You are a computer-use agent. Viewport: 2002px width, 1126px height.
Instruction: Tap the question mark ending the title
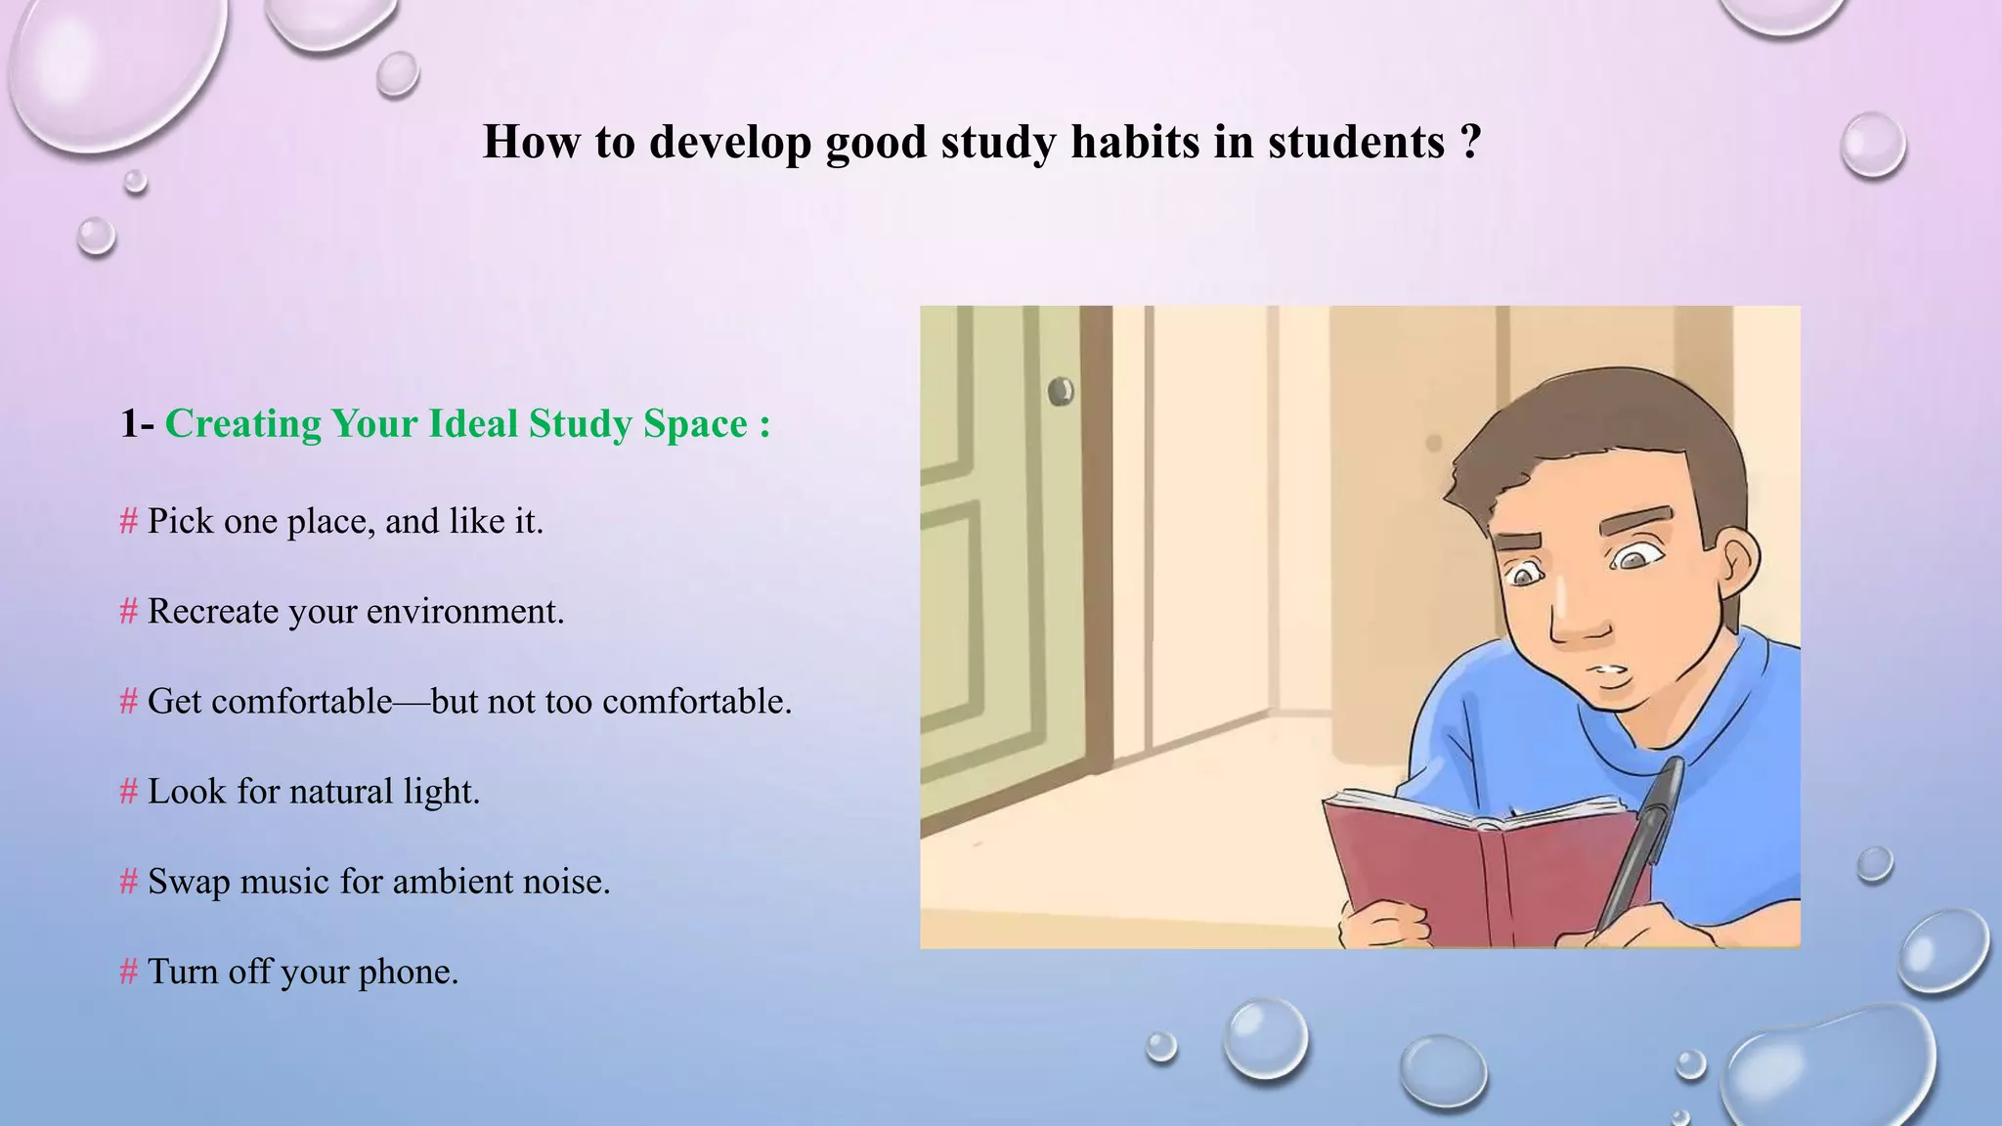pyautogui.click(x=1471, y=142)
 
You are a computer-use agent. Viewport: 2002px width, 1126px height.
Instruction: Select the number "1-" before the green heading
pyautogui.click(x=137, y=424)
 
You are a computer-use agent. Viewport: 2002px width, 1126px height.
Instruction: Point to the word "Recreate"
pyautogui.click(x=212, y=612)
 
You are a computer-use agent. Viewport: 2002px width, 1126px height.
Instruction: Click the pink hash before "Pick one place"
pyautogui.click(x=128, y=522)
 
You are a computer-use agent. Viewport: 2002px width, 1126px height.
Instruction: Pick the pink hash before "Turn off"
pyautogui.click(x=128, y=973)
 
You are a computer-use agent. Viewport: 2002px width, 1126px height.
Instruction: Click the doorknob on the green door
pyautogui.click(x=1061, y=392)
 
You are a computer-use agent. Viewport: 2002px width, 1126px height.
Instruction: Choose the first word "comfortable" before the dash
pyautogui.click(x=301, y=702)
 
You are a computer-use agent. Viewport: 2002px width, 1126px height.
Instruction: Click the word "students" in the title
pyautogui.click(x=1356, y=142)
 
